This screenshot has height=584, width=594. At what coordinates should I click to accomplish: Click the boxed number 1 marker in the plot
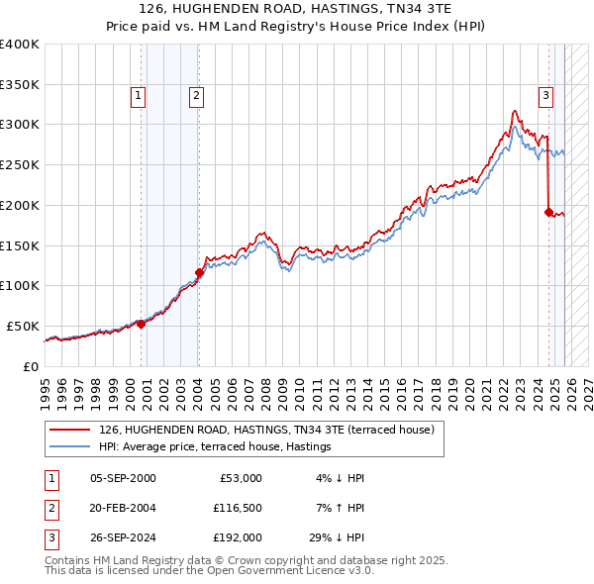pos(138,96)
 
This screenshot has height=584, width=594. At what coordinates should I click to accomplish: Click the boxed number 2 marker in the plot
pos(197,96)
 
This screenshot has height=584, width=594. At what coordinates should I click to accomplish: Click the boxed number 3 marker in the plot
pos(545,96)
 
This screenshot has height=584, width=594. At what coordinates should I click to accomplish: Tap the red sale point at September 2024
pos(548,211)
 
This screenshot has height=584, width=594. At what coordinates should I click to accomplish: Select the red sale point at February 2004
pos(199,272)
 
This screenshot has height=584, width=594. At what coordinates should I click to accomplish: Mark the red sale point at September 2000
pos(141,323)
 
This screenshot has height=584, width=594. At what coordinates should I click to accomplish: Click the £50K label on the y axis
pos(23,326)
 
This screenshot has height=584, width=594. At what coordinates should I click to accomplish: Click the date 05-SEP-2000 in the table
pos(123,478)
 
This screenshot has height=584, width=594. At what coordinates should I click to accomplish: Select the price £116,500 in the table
pos(237,508)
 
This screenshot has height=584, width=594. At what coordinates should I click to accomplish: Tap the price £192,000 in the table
pos(237,538)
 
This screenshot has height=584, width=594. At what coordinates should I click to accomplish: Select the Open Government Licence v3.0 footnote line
pos(209,571)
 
